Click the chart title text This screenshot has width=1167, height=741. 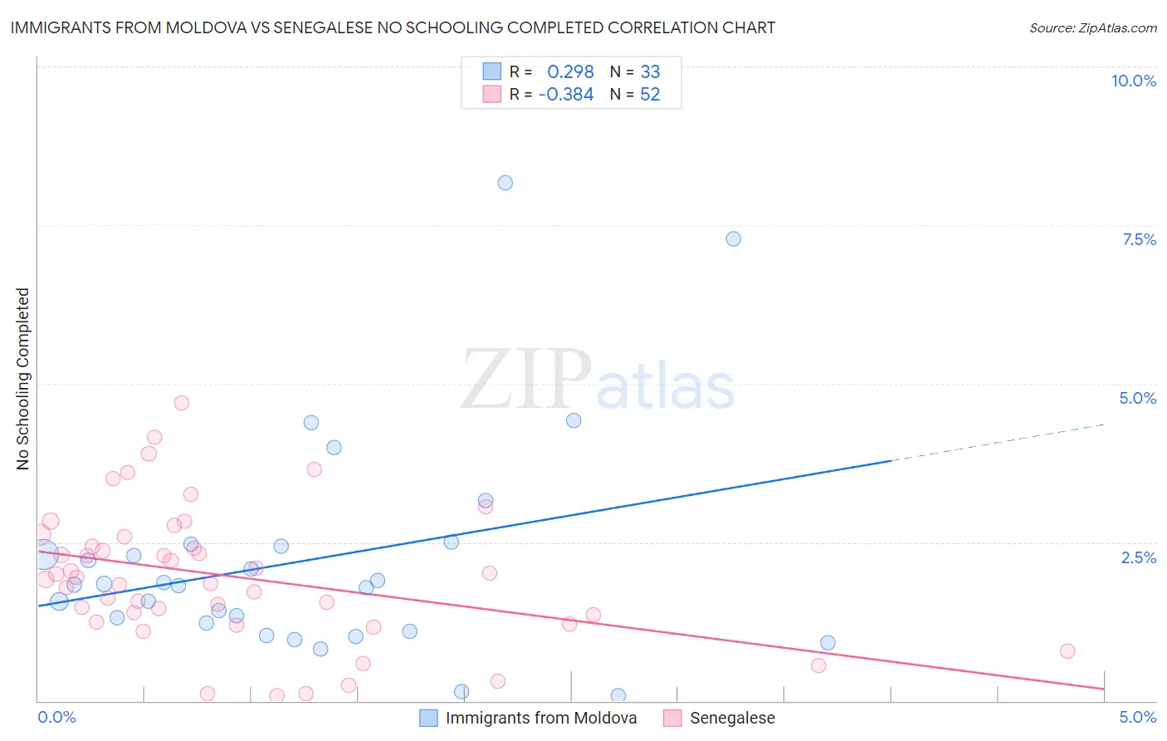click(x=393, y=27)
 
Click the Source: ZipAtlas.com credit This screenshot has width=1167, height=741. click(x=1092, y=27)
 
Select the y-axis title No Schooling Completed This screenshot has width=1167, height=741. click(x=23, y=379)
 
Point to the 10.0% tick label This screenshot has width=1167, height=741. click(x=1133, y=81)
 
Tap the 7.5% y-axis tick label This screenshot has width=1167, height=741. click(x=1139, y=239)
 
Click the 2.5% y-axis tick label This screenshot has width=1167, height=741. click(x=1139, y=557)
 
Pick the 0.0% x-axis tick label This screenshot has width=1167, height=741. click(x=56, y=717)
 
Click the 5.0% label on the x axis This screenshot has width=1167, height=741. click(x=1137, y=717)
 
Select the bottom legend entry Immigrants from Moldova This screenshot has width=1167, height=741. click(x=540, y=718)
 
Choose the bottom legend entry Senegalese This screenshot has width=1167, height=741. click(x=732, y=718)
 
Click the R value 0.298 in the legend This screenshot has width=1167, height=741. click(x=570, y=72)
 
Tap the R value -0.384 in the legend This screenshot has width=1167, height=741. click(x=566, y=95)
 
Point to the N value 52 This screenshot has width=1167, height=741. click(x=650, y=95)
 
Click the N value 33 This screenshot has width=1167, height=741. click(x=650, y=72)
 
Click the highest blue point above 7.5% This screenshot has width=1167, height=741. click(x=505, y=183)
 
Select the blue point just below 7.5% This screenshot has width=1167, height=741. click(x=733, y=238)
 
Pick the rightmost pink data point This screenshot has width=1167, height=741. click(x=1067, y=651)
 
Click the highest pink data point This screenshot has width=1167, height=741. click(x=182, y=403)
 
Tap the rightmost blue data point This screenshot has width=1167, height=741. click(x=828, y=643)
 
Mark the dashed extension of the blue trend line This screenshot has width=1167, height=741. click(x=996, y=442)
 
